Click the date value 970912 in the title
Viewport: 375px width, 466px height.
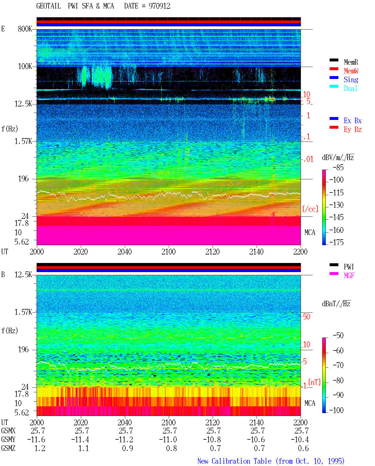(159, 6)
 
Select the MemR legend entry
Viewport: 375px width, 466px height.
(351, 62)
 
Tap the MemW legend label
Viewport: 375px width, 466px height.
(351, 71)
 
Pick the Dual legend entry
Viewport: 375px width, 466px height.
(350, 88)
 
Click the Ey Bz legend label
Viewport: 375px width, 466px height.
(353, 129)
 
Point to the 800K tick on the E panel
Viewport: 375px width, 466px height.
(25, 29)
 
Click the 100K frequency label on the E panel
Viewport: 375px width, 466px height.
(25, 66)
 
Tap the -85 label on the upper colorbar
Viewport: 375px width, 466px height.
(338, 167)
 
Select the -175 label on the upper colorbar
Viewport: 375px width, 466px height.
(336, 242)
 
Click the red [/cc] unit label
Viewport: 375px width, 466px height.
(310, 209)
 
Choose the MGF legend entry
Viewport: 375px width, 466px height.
(349, 276)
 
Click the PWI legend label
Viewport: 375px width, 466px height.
(349, 267)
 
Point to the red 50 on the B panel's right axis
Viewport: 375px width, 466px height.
(306, 317)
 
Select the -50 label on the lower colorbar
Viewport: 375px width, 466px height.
(338, 336)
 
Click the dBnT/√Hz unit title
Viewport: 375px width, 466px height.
(336, 304)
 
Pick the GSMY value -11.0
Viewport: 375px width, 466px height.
(168, 440)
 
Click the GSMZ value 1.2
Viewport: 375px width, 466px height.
(40, 448)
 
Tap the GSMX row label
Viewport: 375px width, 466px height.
(8, 431)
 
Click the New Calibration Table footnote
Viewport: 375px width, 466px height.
(271, 461)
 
